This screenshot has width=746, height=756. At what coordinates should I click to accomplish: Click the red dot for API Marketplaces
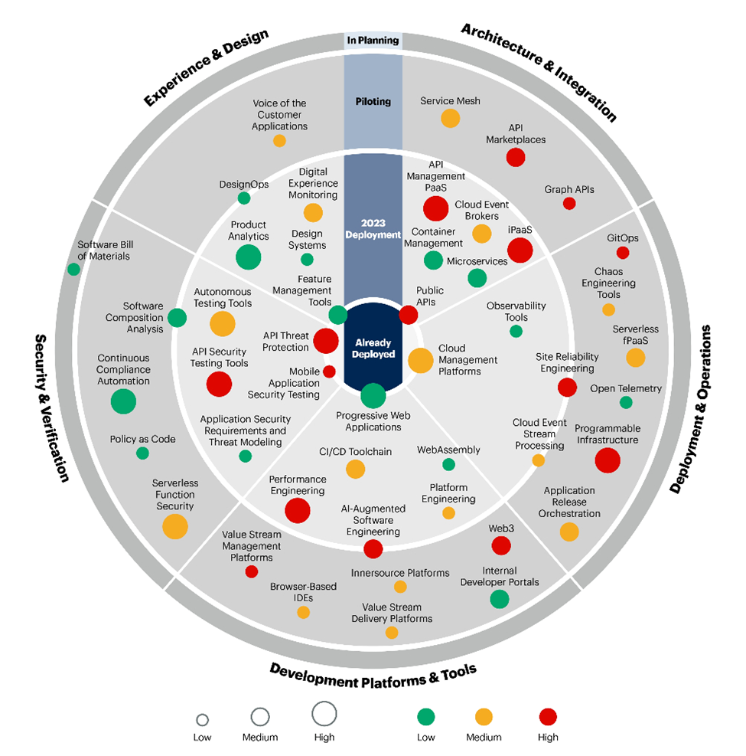click(x=516, y=157)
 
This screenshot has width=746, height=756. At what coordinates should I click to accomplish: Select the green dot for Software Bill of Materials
click(x=73, y=269)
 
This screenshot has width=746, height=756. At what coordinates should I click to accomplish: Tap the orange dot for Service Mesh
click(x=451, y=118)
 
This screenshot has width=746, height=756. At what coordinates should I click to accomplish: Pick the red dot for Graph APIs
click(x=569, y=203)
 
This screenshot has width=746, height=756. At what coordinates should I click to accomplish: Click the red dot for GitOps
click(x=623, y=253)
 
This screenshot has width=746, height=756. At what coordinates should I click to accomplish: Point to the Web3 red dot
click(x=501, y=545)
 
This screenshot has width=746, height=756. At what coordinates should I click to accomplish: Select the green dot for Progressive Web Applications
click(x=373, y=395)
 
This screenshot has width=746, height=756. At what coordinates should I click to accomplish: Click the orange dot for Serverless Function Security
click(x=175, y=526)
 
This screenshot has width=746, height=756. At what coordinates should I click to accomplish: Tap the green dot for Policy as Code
click(x=142, y=453)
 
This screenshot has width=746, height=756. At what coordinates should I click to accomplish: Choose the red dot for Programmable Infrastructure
click(x=608, y=460)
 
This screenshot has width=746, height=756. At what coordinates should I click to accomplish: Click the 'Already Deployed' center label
click(x=373, y=349)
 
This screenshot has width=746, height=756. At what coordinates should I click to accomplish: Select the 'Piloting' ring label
click(x=373, y=101)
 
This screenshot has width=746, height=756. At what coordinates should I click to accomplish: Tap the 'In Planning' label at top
click(x=373, y=41)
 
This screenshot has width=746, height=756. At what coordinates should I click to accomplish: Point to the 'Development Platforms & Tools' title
click(x=373, y=670)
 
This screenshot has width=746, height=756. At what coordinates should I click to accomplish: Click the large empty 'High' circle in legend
click(x=324, y=713)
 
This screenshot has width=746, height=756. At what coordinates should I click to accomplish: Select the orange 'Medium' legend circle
click(x=484, y=717)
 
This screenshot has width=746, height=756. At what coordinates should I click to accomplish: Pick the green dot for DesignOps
click(x=244, y=198)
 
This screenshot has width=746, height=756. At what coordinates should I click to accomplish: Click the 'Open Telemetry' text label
click(x=626, y=388)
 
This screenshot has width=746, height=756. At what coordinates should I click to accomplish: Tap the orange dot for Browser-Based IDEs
click(x=303, y=612)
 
